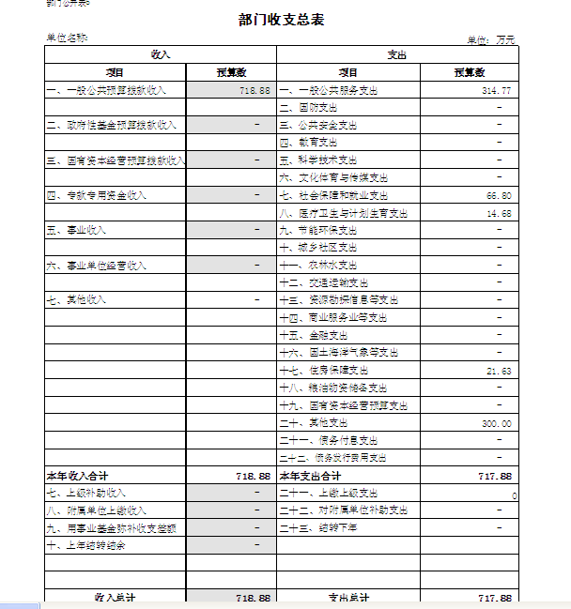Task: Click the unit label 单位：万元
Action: [491, 40]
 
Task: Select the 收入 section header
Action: [161, 55]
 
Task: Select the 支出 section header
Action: [397, 55]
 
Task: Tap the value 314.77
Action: [496, 90]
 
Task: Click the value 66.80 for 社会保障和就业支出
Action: [499, 196]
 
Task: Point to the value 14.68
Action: [499, 214]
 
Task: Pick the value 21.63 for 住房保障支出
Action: [499, 372]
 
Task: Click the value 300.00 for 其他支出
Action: [496, 424]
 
